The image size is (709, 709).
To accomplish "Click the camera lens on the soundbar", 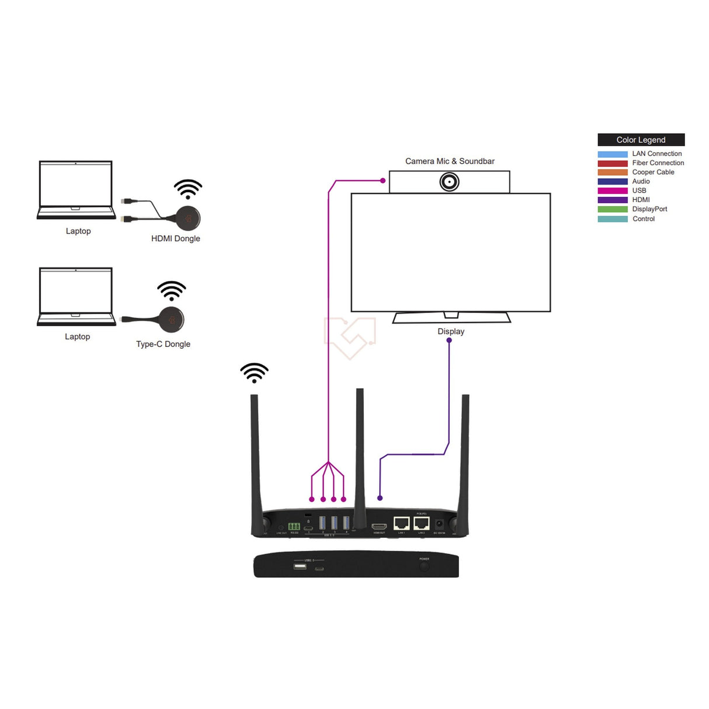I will point(449,182).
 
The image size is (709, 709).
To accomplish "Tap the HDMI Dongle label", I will point(175,238).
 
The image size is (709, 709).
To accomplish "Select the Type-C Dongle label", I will point(163,344).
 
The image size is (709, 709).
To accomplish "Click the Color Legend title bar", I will point(641,140).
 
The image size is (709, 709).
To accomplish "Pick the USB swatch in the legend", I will point(612,190).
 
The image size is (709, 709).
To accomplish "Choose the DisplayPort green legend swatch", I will point(612,209).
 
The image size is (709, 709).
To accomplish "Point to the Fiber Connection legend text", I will point(658,163).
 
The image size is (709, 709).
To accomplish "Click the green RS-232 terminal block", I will point(294,526).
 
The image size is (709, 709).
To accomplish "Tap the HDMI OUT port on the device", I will point(379,526).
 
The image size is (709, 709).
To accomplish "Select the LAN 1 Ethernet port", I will point(401,523).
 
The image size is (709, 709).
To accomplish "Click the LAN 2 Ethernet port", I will point(421,523).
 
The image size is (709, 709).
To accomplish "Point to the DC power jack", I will point(439,524).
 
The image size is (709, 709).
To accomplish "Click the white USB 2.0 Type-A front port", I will point(300,566).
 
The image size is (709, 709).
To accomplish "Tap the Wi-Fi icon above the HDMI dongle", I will point(188,189).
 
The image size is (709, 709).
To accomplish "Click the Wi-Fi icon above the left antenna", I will point(254,373).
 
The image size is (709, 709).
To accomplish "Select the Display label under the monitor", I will point(451,331).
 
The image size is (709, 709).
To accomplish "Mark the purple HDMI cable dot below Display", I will point(449,340).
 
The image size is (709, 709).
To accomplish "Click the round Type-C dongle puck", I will point(172,319).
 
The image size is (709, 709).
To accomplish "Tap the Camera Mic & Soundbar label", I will point(450,161).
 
